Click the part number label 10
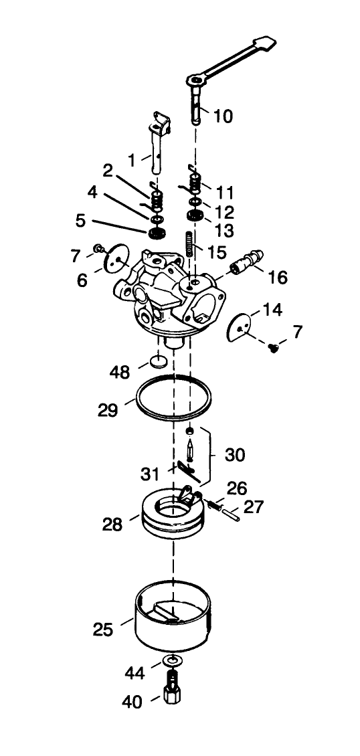pos(223,116)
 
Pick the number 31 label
pos(150,474)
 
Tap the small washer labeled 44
pos(173,662)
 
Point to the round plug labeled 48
pos(159,362)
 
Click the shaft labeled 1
pos(157,151)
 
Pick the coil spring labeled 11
pos(195,181)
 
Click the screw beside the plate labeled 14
pos(273,347)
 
